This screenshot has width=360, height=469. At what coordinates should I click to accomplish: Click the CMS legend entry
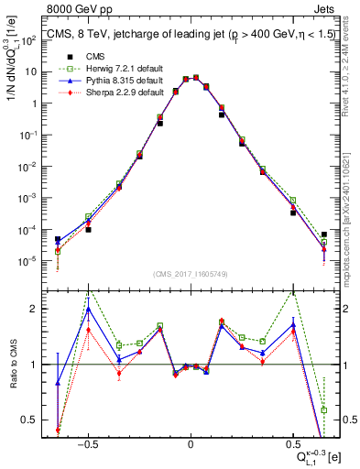point(81,57)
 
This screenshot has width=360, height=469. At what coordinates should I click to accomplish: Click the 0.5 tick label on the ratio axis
point(27,420)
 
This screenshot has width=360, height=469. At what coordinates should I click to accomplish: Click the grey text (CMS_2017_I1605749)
point(190,275)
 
